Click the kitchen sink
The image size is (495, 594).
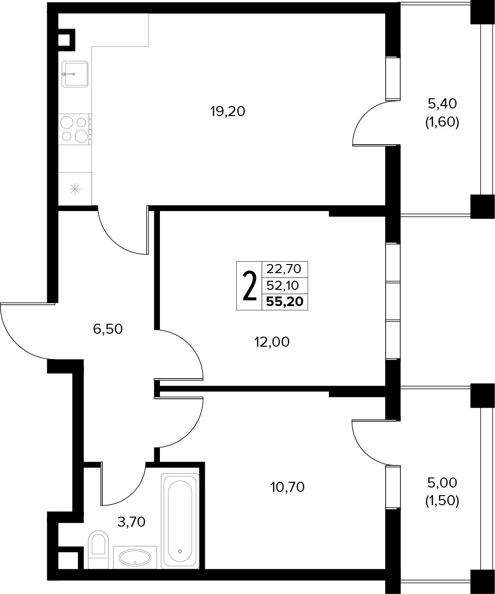pyautogui.click(x=75, y=74)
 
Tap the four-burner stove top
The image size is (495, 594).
pyautogui.click(x=75, y=129)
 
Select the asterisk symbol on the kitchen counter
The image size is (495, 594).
pyautogui.click(x=75, y=189)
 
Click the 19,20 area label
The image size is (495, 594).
pyautogui.click(x=228, y=111)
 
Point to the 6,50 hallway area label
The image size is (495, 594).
pyautogui.click(x=108, y=329)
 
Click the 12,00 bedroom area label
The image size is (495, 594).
pyautogui.click(x=272, y=342)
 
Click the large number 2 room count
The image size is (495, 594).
pyautogui.click(x=250, y=286)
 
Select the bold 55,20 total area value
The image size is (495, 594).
pyautogui.click(x=285, y=302)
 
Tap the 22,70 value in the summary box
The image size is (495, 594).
pyautogui.click(x=284, y=268)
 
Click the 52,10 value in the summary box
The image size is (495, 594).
pyautogui.click(x=283, y=286)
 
